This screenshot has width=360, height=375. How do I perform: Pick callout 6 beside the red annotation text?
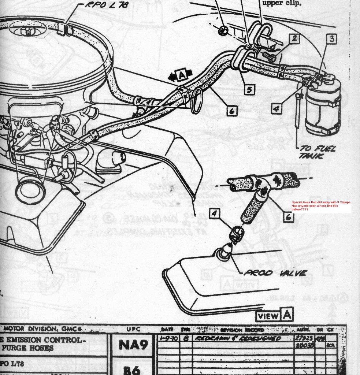(288, 217)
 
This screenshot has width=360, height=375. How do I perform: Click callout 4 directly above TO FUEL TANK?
(277, 108)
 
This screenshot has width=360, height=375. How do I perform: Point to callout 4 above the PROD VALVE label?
(215, 214)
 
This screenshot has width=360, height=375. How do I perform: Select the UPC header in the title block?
(131, 329)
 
